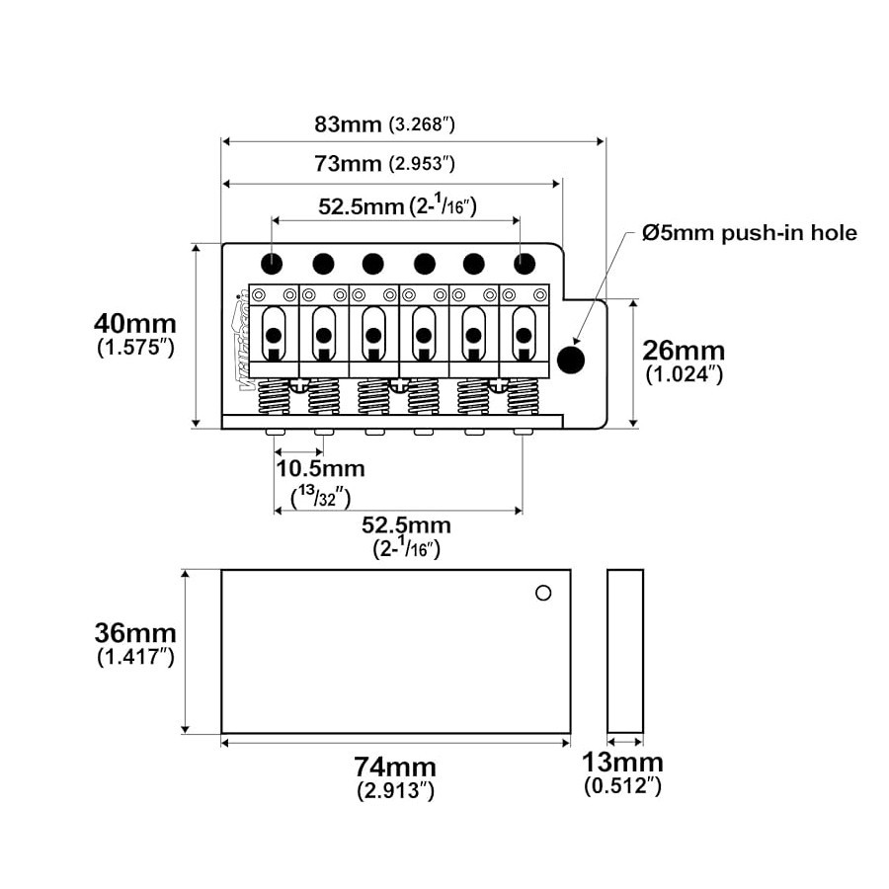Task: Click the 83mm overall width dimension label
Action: pyautogui.click(x=348, y=124)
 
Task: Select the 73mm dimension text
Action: pyautogui.click(x=348, y=164)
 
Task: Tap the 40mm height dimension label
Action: pyautogui.click(x=135, y=324)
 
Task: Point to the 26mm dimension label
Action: pyautogui.click(x=684, y=351)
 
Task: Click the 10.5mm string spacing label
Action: pyautogui.click(x=320, y=469)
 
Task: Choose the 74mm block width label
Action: pyautogui.click(x=395, y=768)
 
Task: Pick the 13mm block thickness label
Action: pyautogui.click(x=622, y=763)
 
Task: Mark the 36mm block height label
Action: pyautogui.click(x=135, y=633)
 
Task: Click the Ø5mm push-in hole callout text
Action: pyautogui.click(x=750, y=233)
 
